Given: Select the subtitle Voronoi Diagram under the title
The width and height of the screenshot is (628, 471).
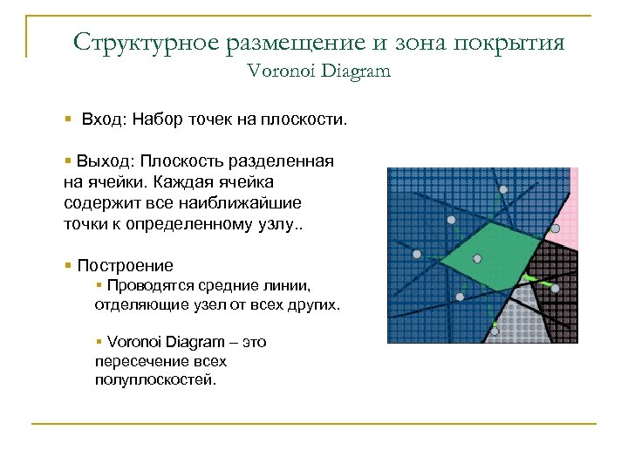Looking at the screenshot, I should (318, 72).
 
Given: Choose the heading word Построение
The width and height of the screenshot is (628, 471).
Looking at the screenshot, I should (125, 265).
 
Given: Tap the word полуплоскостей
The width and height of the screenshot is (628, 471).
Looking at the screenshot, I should (154, 380).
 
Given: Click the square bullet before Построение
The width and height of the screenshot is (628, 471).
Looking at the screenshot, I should (67, 265).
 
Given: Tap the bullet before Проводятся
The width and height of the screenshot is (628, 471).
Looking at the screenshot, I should (99, 285).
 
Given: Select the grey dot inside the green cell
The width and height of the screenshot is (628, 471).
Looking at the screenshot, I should (477, 258).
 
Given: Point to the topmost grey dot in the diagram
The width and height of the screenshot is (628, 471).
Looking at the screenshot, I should (502, 190).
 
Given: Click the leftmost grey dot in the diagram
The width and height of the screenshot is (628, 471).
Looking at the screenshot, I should (417, 254).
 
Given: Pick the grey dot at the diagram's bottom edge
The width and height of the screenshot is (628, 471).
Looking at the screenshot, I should (495, 331).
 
